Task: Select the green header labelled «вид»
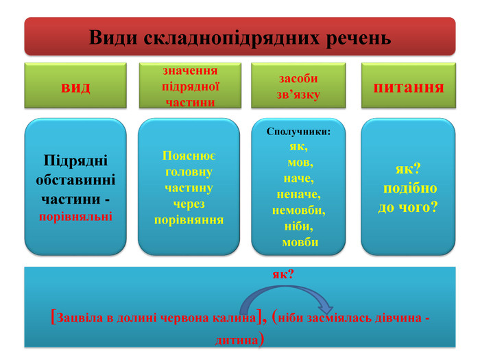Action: (x=75, y=86)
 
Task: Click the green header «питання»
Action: (x=408, y=86)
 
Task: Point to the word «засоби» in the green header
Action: (x=298, y=78)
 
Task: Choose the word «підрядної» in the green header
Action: (x=190, y=86)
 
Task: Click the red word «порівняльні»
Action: (x=75, y=216)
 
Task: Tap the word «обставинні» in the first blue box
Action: (x=75, y=180)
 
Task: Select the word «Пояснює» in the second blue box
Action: (x=189, y=156)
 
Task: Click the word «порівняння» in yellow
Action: (x=189, y=219)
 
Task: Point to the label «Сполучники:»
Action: (x=298, y=131)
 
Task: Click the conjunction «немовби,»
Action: (x=298, y=210)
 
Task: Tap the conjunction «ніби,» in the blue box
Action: (x=298, y=226)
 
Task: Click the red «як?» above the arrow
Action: (x=283, y=274)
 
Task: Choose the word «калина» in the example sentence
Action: (x=232, y=319)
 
